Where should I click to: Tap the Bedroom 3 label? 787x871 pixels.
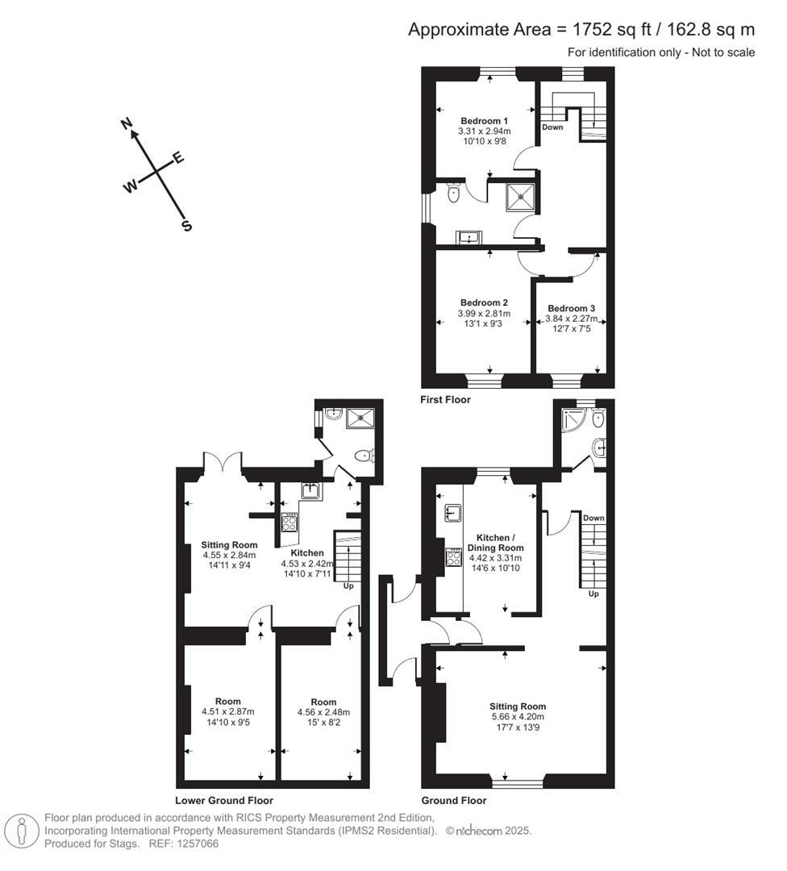[571, 308]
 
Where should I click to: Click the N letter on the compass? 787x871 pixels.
[127, 123]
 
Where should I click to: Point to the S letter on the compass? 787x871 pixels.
[187, 227]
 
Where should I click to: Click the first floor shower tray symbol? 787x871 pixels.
[520, 196]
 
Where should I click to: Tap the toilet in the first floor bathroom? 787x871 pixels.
[452, 192]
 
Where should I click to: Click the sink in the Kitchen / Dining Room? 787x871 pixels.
[452, 513]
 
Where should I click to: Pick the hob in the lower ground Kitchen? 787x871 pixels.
[289, 523]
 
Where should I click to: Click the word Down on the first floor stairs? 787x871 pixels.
[552, 127]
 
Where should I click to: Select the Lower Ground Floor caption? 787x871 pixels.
[223, 801]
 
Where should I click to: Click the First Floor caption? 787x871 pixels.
[445, 399]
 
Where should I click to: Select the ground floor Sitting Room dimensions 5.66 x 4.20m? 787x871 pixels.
[518, 717]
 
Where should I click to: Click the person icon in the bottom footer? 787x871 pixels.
[22, 831]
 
